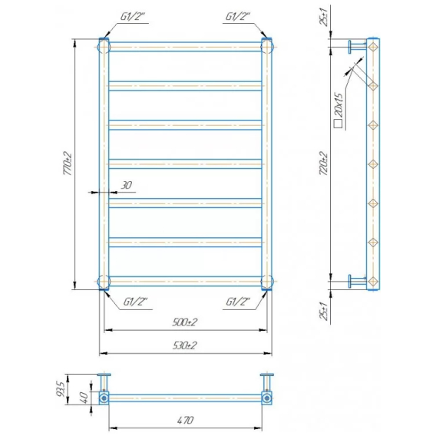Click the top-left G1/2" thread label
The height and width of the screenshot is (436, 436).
pos(133,17)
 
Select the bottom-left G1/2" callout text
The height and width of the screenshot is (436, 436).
pos(135,302)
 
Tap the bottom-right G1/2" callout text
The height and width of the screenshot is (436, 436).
pos(238,302)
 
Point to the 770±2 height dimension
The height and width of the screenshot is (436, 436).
pos(68,163)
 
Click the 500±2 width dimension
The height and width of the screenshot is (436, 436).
pos(185,322)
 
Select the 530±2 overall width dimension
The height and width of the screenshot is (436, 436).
pos(185,345)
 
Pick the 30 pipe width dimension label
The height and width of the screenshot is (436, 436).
pos(126,185)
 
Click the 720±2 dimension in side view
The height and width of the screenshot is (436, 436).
pos(324,163)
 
